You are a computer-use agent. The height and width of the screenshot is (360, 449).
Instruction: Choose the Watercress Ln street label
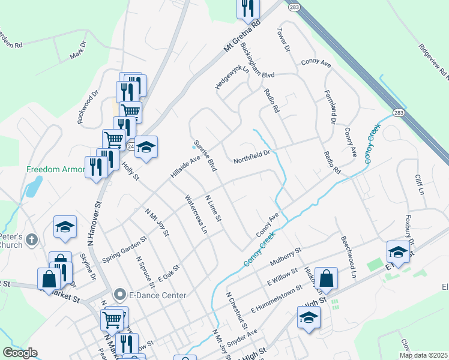pyautogui.click(x=196, y=214)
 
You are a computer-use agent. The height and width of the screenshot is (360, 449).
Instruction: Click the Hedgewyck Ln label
pyautogui.click(x=232, y=76)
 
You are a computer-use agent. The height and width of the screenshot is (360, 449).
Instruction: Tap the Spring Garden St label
pyautogui.click(x=124, y=250)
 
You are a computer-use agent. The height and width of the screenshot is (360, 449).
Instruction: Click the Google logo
pyautogui.click(x=20, y=353)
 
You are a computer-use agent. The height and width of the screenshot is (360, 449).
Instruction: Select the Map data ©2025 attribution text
pyautogui.click(x=423, y=355)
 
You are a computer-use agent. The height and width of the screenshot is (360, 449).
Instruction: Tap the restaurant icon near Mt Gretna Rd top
pyautogui.click(x=247, y=7)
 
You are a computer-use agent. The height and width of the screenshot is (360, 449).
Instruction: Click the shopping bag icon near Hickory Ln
pyautogui.click(x=325, y=278)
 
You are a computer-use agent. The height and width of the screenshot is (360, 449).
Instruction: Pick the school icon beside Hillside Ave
pyautogui.click(x=145, y=147)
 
